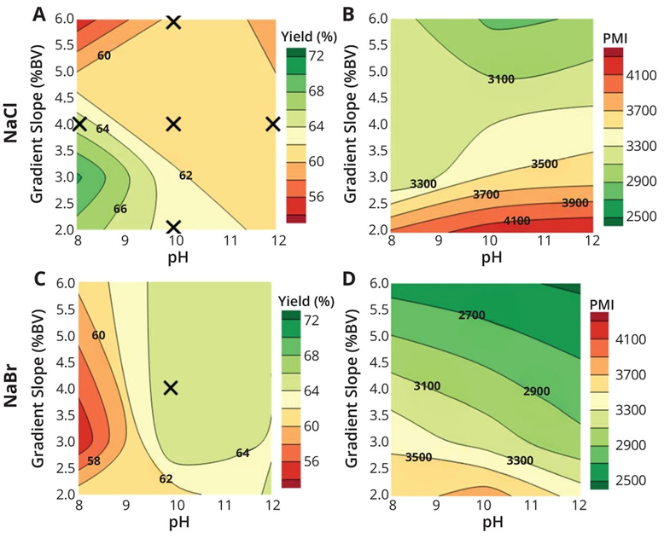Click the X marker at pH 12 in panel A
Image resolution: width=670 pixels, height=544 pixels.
273,124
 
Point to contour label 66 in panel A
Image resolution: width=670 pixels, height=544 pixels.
120,208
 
